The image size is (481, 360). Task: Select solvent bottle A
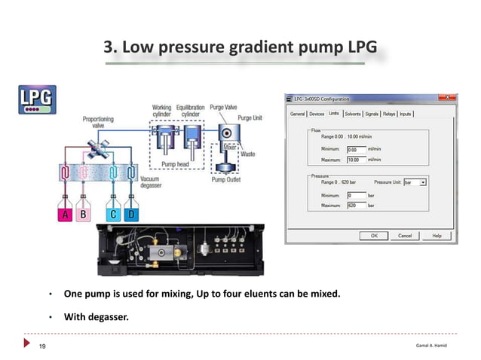[66, 215]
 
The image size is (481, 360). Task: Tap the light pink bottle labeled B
[84, 215]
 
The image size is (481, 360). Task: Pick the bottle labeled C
[112, 215]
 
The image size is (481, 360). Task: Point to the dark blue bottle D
[131, 215]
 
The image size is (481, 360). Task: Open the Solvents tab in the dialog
[352, 114]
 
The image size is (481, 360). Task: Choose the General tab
[298, 114]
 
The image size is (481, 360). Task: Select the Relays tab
[388, 114]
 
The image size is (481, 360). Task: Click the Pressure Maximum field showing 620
[355, 205]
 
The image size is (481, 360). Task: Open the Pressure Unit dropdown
[424, 182]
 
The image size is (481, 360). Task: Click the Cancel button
[404, 236]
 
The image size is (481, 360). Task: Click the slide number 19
[43, 346]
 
